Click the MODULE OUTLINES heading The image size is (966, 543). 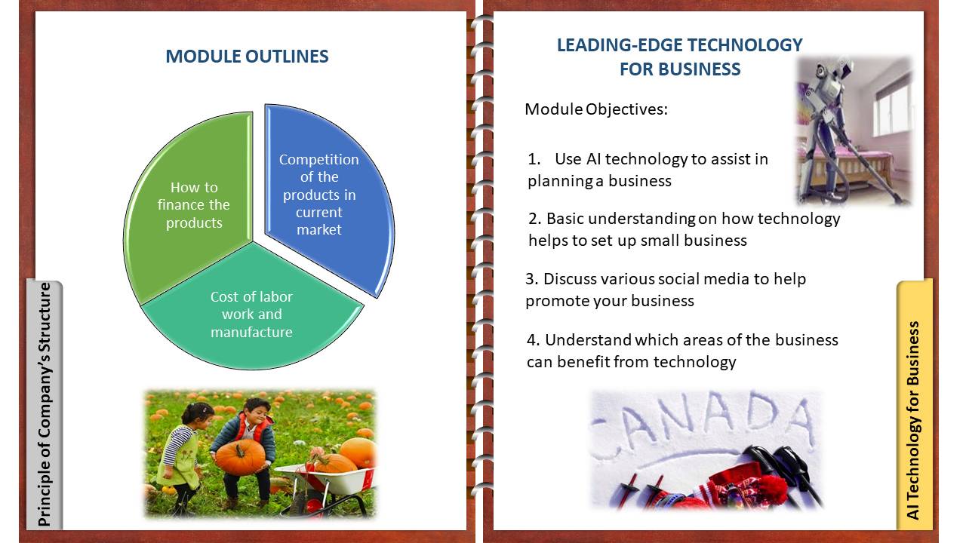coord(247,57)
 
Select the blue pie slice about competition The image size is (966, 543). coord(328,198)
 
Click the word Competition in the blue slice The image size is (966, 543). coord(318,159)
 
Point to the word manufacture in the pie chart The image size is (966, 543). coord(251,332)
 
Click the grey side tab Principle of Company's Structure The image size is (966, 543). coord(45,404)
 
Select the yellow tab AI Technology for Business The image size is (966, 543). coord(914,404)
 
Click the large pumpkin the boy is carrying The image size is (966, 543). coord(240,456)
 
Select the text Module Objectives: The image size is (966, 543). coord(596,109)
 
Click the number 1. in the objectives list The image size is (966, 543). coord(534,159)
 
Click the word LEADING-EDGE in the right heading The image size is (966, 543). coord(618,44)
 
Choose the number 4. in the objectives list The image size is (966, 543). coord(533,340)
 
